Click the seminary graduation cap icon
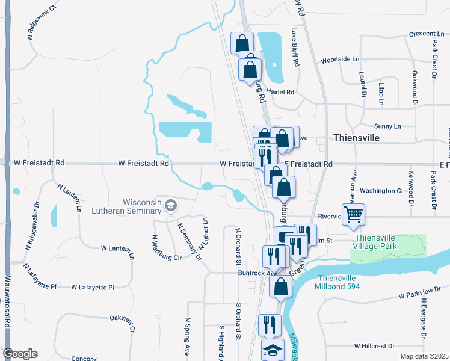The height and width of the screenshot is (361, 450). coord(171,206)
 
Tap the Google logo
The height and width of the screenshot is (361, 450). coord(20,354)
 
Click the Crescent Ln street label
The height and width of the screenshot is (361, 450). coord(425,34)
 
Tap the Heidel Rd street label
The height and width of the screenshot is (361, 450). coord(280,93)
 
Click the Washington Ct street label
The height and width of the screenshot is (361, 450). coord(381,191)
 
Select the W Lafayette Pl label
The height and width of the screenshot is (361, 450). coord(92,288)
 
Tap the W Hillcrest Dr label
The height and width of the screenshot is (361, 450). coord(374,346)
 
